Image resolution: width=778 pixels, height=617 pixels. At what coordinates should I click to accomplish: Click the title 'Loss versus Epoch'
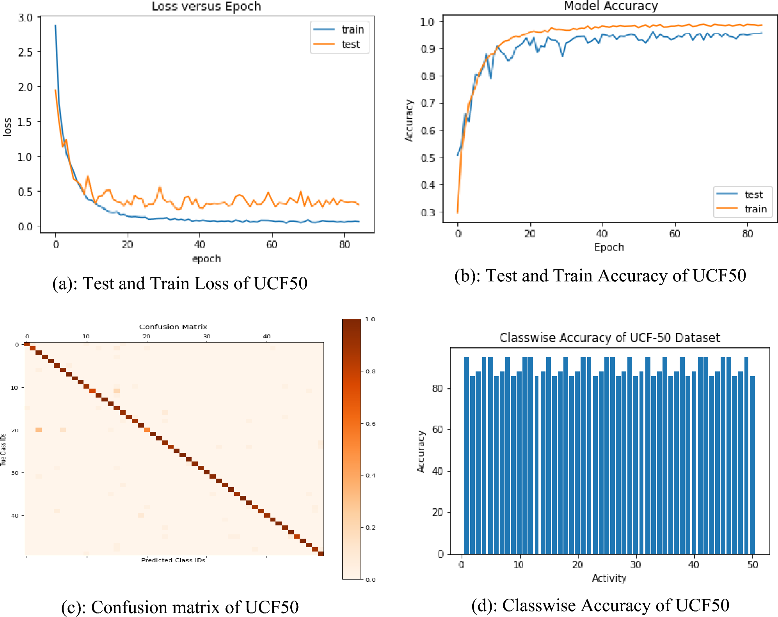(x=206, y=6)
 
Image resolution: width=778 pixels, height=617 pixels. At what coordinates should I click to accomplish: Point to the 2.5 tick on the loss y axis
(x=25, y=52)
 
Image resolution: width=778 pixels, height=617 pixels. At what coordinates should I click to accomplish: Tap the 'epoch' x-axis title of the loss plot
(x=206, y=259)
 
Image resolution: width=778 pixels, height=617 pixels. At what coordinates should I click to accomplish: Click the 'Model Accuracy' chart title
(x=611, y=6)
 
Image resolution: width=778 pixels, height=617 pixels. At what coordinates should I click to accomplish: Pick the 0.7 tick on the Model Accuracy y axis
(x=428, y=103)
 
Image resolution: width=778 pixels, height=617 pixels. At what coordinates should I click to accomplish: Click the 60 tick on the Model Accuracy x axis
(x=675, y=234)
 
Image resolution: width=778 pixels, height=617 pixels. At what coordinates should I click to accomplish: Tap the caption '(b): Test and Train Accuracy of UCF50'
(x=600, y=276)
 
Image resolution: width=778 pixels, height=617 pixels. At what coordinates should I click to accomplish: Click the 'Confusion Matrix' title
(x=173, y=327)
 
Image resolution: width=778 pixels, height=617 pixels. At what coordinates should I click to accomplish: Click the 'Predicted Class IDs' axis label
(x=173, y=560)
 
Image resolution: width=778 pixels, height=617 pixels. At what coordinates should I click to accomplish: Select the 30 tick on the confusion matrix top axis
(x=206, y=336)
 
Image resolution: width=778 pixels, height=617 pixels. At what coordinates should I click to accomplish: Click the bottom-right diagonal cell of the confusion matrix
(x=321, y=553)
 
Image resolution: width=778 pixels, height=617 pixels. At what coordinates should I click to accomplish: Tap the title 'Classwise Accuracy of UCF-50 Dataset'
(x=609, y=338)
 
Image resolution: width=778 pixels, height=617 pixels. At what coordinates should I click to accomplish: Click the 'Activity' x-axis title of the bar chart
(x=609, y=578)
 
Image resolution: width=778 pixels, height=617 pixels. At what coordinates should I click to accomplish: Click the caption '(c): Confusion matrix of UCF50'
(x=180, y=607)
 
